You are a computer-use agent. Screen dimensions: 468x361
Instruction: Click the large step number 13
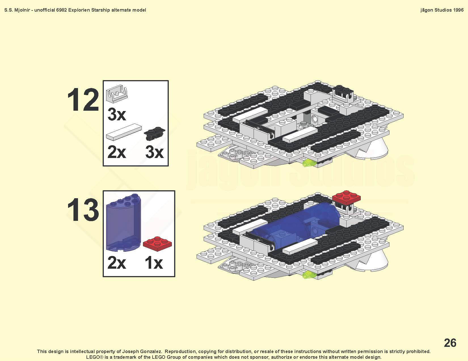tap(83, 210)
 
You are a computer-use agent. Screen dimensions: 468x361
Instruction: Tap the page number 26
tap(450, 343)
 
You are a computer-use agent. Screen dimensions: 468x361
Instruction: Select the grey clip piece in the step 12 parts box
tap(117, 94)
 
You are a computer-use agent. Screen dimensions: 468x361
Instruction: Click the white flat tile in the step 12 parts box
tap(124, 132)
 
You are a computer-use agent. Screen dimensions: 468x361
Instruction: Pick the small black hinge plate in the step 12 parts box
tap(154, 133)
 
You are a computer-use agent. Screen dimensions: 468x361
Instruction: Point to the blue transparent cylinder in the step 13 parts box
tap(123, 222)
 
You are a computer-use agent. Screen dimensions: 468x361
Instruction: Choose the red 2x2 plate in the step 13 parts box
tap(157, 244)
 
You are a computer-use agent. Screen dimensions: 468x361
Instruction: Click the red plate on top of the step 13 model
tap(346, 197)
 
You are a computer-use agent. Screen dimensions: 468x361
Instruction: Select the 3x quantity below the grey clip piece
tap(117, 114)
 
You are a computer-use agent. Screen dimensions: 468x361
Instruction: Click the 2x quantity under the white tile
tap(117, 152)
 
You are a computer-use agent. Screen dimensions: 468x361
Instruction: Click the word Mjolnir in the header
tap(22, 10)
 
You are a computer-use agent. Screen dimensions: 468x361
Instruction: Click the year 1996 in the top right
tap(458, 10)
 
